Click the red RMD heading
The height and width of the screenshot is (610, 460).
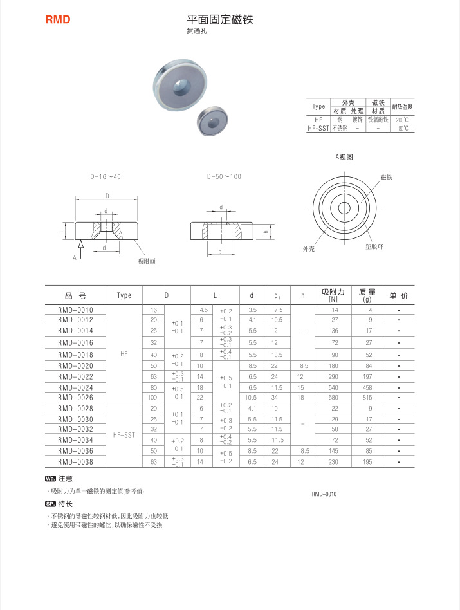coord(57,20)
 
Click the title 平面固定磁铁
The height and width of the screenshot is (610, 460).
coord(220,20)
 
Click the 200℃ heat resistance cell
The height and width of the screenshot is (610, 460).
coord(402,120)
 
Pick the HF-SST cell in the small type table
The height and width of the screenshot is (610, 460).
coord(318,128)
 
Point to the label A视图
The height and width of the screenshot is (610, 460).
coord(344,157)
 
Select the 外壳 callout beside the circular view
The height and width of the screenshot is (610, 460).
coord(309,248)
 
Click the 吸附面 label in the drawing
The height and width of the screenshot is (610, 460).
coord(147,261)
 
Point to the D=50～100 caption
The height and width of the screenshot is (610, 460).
coord(224,176)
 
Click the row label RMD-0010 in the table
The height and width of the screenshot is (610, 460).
coord(75,310)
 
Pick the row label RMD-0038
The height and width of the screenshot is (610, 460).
coord(75,461)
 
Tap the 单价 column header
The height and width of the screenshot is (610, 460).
coord(399,295)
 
